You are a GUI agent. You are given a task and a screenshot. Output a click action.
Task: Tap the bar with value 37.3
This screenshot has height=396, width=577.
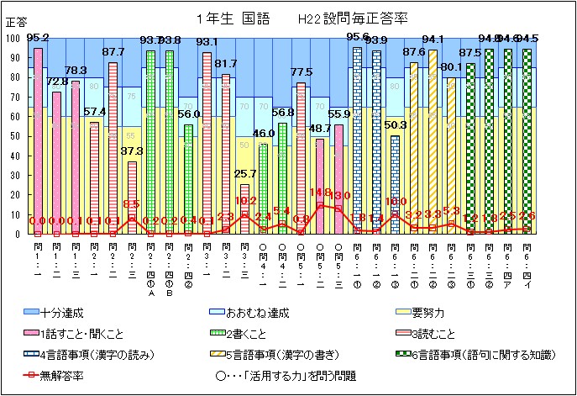[132, 198]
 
